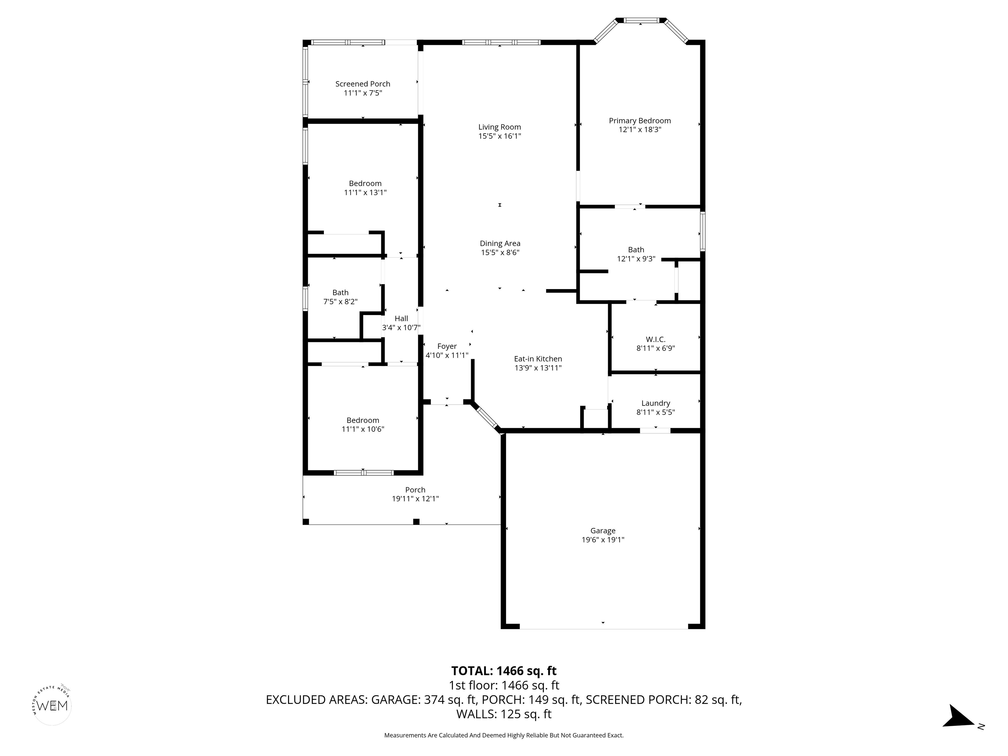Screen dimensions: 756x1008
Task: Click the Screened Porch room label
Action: [363, 84]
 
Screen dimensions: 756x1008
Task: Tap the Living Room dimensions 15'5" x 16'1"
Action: [499, 136]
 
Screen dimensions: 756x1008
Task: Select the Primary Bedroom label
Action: [640, 121]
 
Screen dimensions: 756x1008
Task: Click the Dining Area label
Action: [500, 243]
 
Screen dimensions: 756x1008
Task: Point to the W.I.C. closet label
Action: [655, 340]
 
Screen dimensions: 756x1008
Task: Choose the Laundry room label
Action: [655, 403]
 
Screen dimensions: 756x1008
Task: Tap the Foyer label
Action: [447, 346]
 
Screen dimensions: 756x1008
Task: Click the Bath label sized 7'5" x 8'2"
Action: [340, 293]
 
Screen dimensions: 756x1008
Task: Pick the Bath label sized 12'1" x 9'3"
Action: [636, 250]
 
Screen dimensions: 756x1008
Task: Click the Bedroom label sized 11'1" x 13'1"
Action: [365, 184]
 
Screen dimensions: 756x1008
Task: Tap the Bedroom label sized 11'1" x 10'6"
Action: [363, 420]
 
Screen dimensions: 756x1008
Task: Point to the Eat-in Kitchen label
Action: [538, 359]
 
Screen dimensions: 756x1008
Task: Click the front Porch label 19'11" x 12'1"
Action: [415, 490]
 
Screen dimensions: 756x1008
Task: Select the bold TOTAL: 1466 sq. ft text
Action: [504, 671]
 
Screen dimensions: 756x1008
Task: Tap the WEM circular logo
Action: [53, 706]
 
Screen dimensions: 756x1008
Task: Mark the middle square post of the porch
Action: [416, 522]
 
